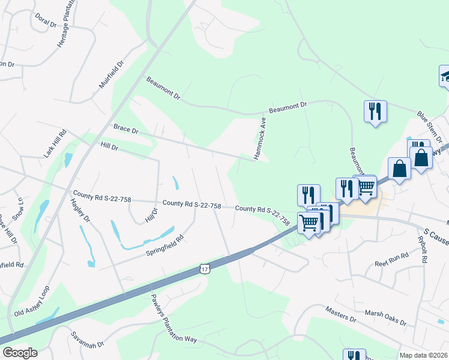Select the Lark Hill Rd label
(53, 145)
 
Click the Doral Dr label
(46, 20)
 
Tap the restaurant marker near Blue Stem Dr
(375, 111)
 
